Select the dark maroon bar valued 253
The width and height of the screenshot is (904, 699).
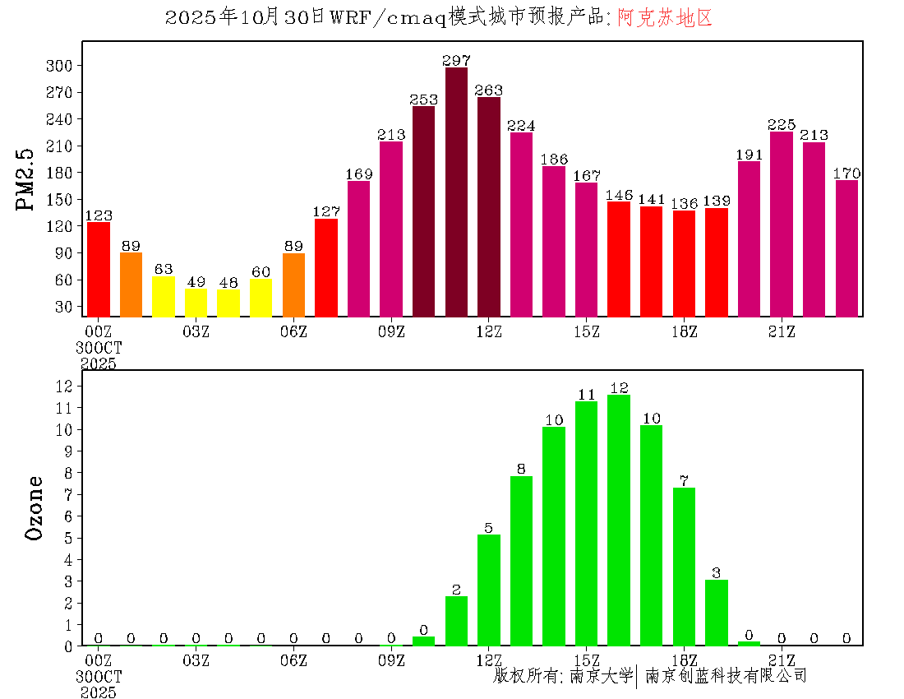424,211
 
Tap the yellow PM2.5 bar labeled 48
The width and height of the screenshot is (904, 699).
228,303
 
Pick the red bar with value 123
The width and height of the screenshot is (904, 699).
99,269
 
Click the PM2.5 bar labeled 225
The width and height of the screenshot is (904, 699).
782,224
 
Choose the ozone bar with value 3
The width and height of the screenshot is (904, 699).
717,613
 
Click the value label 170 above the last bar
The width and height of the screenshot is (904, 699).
846,174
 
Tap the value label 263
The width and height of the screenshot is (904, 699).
489,90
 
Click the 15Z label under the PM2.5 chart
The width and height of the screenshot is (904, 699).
587,331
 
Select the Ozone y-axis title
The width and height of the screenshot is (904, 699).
34,507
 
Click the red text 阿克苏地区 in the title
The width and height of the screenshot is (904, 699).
665,18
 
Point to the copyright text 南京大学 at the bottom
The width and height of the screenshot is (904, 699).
601,676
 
